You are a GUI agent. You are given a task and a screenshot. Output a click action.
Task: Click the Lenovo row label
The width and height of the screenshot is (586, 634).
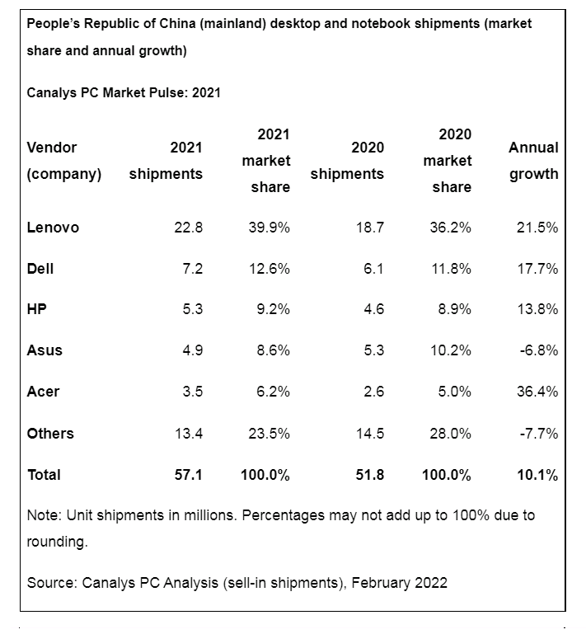[x=53, y=228]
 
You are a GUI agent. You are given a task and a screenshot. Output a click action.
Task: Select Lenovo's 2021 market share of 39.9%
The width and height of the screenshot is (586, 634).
[x=269, y=228]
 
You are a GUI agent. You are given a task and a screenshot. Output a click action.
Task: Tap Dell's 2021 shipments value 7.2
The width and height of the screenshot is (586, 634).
[x=192, y=269]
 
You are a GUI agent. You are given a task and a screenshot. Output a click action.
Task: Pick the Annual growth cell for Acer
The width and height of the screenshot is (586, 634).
[x=535, y=392]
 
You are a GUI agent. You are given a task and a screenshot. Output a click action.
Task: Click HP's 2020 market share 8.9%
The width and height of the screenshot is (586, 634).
[x=452, y=309]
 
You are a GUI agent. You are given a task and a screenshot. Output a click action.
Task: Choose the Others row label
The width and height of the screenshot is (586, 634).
[x=50, y=433]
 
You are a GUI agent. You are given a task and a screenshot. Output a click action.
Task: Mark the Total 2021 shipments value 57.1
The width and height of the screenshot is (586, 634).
[x=189, y=474]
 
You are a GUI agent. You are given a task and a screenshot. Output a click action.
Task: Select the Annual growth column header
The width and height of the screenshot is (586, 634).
[x=533, y=161]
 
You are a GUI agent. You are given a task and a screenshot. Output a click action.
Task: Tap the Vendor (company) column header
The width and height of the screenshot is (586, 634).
[x=64, y=161]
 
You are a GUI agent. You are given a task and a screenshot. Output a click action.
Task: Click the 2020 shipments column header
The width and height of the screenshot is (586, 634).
[x=347, y=161]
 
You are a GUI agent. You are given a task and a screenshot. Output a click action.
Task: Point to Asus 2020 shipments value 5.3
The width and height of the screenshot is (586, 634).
[x=373, y=350]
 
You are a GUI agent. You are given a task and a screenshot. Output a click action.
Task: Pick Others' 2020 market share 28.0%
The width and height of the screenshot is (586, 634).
[x=450, y=433]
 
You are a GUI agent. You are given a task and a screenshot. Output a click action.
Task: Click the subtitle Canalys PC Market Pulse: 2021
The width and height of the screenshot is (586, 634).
[x=124, y=93]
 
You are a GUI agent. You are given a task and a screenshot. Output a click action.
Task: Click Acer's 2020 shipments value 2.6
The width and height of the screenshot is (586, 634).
[x=373, y=392]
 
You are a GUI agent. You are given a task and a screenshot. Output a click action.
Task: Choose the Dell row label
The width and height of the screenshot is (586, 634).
[x=40, y=269]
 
